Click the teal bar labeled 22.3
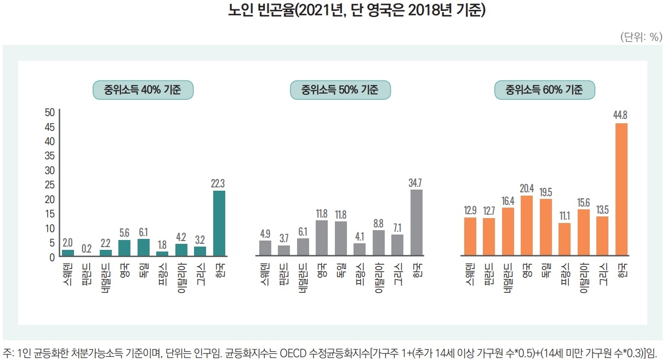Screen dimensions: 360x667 click(219, 224)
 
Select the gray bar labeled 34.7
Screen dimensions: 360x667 click(417, 223)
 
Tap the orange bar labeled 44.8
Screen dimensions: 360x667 click(622, 190)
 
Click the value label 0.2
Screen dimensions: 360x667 click(87, 248)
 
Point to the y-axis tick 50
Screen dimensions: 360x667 click(49, 112)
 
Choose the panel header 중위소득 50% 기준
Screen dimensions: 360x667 click(340, 89)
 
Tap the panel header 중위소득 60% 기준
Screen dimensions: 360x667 click(545, 89)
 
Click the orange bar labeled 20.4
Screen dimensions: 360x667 click(526, 226)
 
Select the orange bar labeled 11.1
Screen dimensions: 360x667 click(565, 239)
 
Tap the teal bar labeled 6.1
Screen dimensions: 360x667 click(144, 248)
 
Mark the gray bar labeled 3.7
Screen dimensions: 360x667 click(284, 250)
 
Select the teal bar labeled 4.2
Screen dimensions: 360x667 click(181, 250)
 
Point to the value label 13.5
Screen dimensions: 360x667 click(602, 209)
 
